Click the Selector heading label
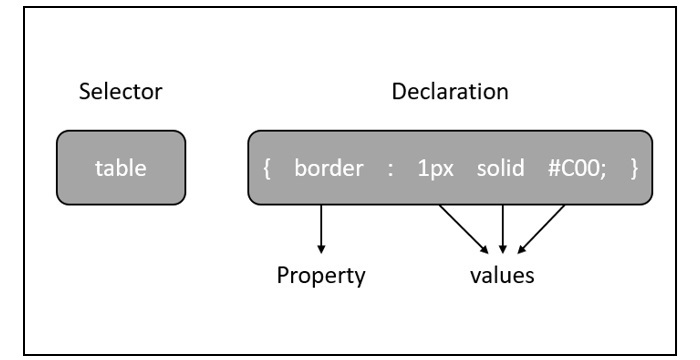[120, 94]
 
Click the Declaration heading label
[449, 94]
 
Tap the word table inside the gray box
[120, 167]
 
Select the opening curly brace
[267, 167]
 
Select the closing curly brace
[634, 167]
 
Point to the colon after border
[389, 168]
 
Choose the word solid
[501, 167]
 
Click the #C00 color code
[572, 167]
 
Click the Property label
[322, 274]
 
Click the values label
[502, 274]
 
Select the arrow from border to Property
[321, 225]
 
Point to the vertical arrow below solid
[502, 225]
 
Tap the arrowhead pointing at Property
[321, 245]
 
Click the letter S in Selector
[84, 94]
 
